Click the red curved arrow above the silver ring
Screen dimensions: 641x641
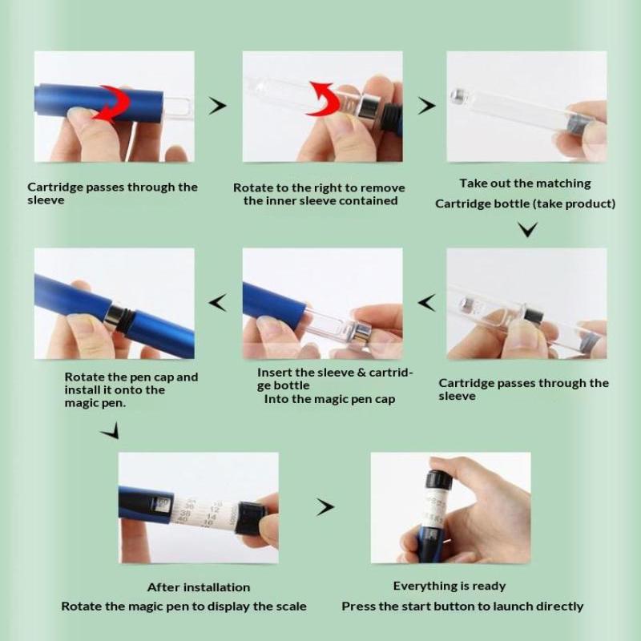click(x=325, y=98)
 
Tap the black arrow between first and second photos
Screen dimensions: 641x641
click(x=218, y=106)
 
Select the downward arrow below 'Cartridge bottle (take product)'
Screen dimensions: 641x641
click(x=527, y=229)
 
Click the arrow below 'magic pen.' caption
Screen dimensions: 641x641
click(x=111, y=431)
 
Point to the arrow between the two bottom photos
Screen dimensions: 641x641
click(x=325, y=507)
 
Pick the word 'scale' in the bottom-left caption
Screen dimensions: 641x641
click(x=292, y=606)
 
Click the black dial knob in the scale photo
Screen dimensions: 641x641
click(x=250, y=518)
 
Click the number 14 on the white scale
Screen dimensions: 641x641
click(x=211, y=517)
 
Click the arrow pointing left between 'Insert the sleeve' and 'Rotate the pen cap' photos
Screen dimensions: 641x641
click(x=217, y=303)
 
